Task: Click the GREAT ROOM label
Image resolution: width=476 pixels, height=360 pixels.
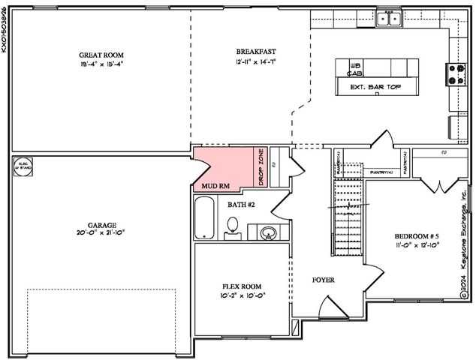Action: [x=101, y=55]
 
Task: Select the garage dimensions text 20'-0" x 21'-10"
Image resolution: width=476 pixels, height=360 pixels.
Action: [x=102, y=233]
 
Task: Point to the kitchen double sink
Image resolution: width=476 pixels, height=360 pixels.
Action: [x=388, y=18]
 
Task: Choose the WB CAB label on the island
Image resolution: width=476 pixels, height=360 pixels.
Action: [x=356, y=70]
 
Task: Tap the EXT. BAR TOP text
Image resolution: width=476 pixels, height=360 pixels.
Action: [x=372, y=87]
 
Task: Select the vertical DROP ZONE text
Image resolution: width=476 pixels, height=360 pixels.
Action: [x=261, y=166]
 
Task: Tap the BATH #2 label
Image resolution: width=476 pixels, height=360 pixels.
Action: [x=243, y=204]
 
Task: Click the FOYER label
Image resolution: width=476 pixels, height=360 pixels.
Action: [x=323, y=280]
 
